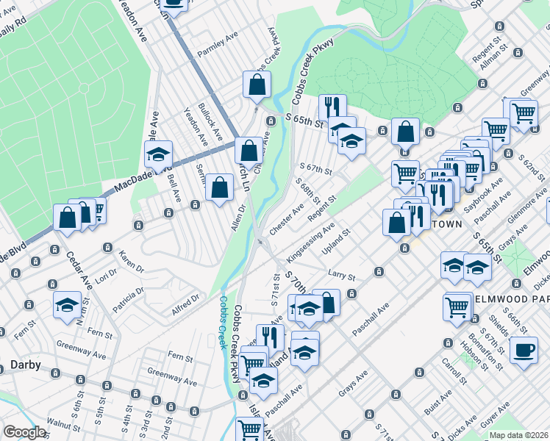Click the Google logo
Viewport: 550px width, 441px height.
24,432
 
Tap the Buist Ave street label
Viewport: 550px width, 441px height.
438,401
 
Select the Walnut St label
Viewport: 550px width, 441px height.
63,423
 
